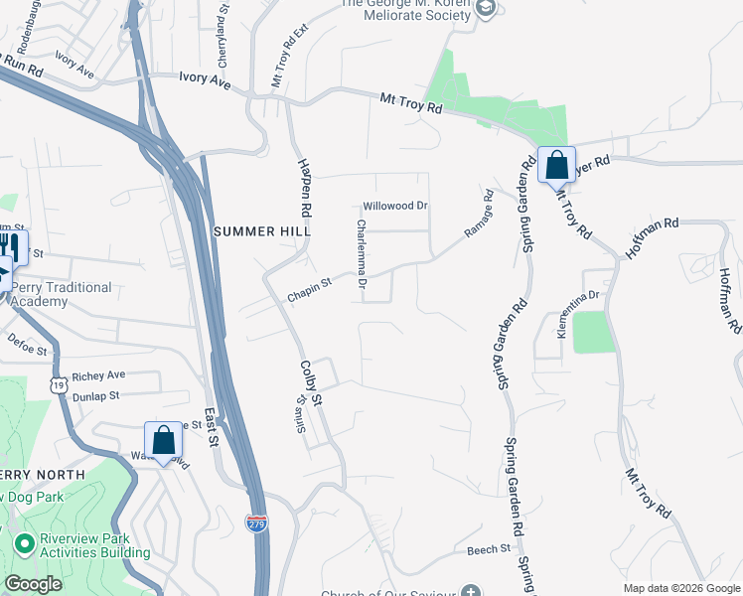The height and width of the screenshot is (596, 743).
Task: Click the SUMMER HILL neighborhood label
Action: click(262, 230)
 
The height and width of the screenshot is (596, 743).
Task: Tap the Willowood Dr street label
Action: click(394, 206)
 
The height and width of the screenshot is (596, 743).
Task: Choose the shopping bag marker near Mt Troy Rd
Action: click(557, 165)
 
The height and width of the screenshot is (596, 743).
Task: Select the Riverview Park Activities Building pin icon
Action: click(25, 544)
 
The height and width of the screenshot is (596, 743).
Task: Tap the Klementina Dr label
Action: click(578, 314)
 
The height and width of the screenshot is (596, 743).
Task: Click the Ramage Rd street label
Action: click(479, 214)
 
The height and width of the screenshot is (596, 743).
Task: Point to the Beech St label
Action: click(488, 548)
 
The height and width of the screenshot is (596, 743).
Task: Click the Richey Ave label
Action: click(99, 375)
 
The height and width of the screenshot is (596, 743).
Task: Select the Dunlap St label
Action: click(95, 395)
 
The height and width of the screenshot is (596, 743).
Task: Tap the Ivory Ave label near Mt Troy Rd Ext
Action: click(205, 81)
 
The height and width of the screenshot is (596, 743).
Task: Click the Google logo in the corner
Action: click(33, 584)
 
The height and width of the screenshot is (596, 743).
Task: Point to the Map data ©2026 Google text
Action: click(681, 588)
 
